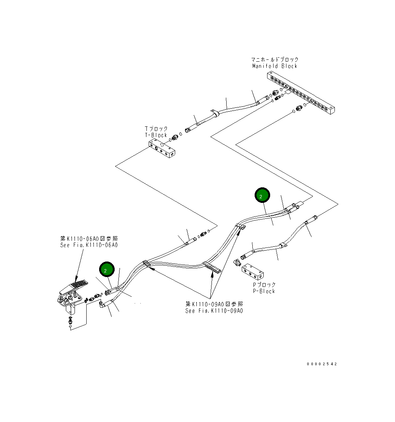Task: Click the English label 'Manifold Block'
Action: pyautogui.click(x=275, y=66)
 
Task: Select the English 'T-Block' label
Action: pyautogui.click(x=156, y=135)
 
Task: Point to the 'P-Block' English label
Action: pyautogui.click(x=264, y=291)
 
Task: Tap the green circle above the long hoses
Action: pyautogui.click(x=262, y=195)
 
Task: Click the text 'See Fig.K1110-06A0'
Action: pyautogui.click(x=89, y=245)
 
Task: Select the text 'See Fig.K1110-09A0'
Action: pyautogui.click(x=214, y=311)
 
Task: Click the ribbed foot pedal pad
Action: pyautogui.click(x=79, y=284)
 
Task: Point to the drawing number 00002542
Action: pyautogui.click(x=322, y=364)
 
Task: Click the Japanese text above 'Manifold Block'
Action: pyautogui.click(x=275, y=59)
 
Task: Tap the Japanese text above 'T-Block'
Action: pyautogui.click(x=156, y=129)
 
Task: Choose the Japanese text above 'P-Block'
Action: pyautogui.click(x=264, y=285)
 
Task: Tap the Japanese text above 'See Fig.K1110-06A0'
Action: pyautogui.click(x=89, y=238)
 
